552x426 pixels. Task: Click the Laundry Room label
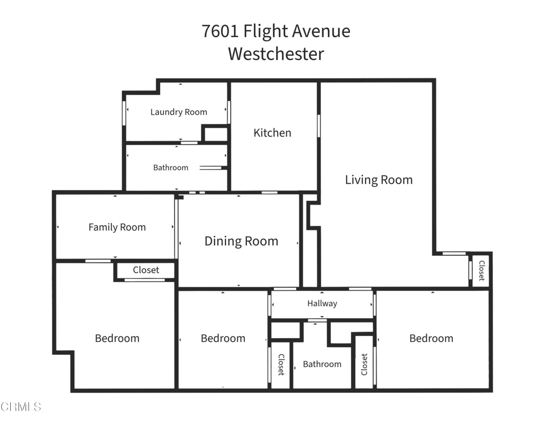pyautogui.click(x=178, y=112)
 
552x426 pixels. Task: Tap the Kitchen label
pyautogui.click(x=272, y=132)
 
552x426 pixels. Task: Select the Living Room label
pyautogui.click(x=378, y=180)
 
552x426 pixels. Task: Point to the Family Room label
pyautogui.click(x=117, y=227)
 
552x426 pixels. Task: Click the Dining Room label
pyautogui.click(x=241, y=241)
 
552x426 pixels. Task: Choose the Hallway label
pyautogui.click(x=322, y=304)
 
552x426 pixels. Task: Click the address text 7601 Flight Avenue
pyautogui.click(x=276, y=31)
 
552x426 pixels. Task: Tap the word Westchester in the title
pyautogui.click(x=276, y=54)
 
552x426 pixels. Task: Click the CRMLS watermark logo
pyautogui.click(x=22, y=406)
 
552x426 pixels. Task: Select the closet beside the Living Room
pyautogui.click(x=481, y=270)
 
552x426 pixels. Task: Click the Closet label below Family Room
pyautogui.click(x=146, y=270)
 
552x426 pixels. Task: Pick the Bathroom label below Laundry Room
pyautogui.click(x=170, y=167)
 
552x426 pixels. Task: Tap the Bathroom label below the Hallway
pyautogui.click(x=322, y=364)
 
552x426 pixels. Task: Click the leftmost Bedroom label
pyautogui.click(x=117, y=338)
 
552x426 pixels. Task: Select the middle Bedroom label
pyautogui.click(x=223, y=338)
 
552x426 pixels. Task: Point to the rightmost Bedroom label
pyautogui.click(x=431, y=338)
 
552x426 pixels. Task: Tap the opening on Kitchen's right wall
pyautogui.click(x=319, y=125)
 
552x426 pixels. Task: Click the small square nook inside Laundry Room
pyautogui.click(x=216, y=134)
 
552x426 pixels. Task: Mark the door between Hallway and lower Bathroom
pyautogui.click(x=317, y=320)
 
